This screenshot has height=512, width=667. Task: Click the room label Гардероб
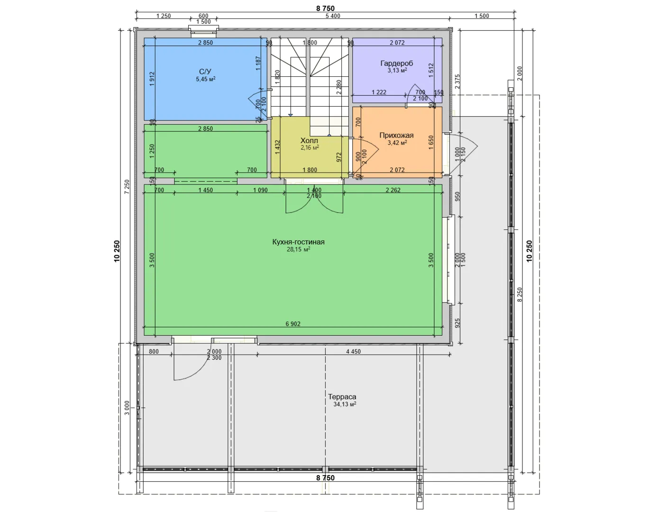[x=397, y=63]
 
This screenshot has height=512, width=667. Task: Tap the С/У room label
[x=205, y=72]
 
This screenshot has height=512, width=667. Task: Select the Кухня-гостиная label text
[x=298, y=242]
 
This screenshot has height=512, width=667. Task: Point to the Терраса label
[x=342, y=397]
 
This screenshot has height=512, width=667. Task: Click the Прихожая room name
[x=397, y=136]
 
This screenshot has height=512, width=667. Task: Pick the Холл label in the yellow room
[x=309, y=141]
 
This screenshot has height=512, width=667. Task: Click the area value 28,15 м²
[x=298, y=249]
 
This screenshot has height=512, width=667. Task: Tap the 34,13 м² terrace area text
[x=345, y=404]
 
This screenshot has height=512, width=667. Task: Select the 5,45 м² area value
[x=206, y=79]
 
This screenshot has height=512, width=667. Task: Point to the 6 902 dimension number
[x=293, y=324]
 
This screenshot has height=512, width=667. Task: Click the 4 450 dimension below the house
[x=353, y=351]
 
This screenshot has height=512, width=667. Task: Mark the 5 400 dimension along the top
[x=333, y=16]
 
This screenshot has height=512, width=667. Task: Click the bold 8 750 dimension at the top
[x=325, y=8]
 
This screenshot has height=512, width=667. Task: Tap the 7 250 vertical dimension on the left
[x=127, y=187]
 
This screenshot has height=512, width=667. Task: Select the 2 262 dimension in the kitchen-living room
[x=393, y=190]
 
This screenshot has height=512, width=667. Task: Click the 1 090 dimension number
[x=260, y=190]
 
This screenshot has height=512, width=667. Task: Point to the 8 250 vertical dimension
[x=520, y=295]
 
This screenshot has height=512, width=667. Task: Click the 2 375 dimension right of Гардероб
[x=457, y=82]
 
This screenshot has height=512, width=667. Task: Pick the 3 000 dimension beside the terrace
[x=127, y=408]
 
